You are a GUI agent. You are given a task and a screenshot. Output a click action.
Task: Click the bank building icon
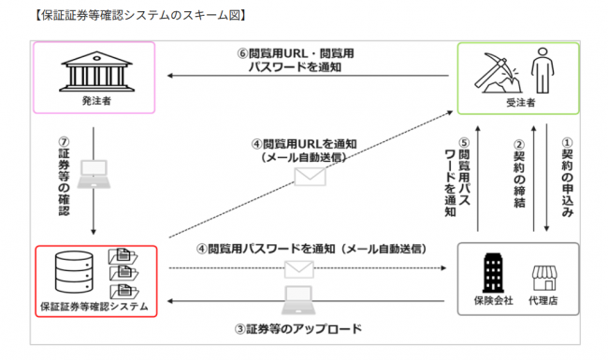coord(93,71)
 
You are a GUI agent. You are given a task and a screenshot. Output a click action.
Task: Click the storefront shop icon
coord(544,278)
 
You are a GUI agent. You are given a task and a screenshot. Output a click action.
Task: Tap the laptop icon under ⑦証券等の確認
coord(94,170)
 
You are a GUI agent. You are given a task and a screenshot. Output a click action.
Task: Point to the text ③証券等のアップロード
coord(298,329)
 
